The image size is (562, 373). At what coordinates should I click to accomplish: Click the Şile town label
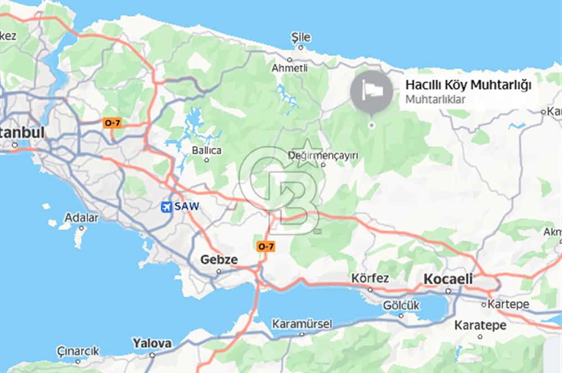[301, 38]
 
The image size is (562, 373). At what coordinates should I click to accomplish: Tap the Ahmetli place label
[289, 68]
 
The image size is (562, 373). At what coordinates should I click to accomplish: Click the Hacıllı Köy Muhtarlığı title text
[468, 85]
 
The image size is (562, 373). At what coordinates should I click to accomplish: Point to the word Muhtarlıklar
[436, 100]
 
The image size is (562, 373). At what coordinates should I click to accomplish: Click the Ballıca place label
[207, 151]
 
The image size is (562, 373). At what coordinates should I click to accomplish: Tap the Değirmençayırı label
[325, 156]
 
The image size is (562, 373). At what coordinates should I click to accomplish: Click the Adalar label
[81, 218]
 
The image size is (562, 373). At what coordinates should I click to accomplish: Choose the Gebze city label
[219, 260]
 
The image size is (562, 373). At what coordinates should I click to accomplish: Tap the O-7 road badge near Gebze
[265, 246]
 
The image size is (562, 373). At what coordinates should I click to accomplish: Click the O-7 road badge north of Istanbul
[112, 122]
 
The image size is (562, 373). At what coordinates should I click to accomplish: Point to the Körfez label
[370, 279]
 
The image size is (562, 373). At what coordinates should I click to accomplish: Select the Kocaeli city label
[448, 279]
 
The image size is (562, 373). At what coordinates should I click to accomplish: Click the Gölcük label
[401, 306]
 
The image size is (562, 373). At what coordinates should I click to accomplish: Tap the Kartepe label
[509, 304]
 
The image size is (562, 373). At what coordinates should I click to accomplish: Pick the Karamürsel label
[302, 324]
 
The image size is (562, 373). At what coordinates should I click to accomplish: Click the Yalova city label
[152, 343]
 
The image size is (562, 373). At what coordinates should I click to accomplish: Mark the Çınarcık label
[78, 352]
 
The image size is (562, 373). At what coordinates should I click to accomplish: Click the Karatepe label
[480, 325]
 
